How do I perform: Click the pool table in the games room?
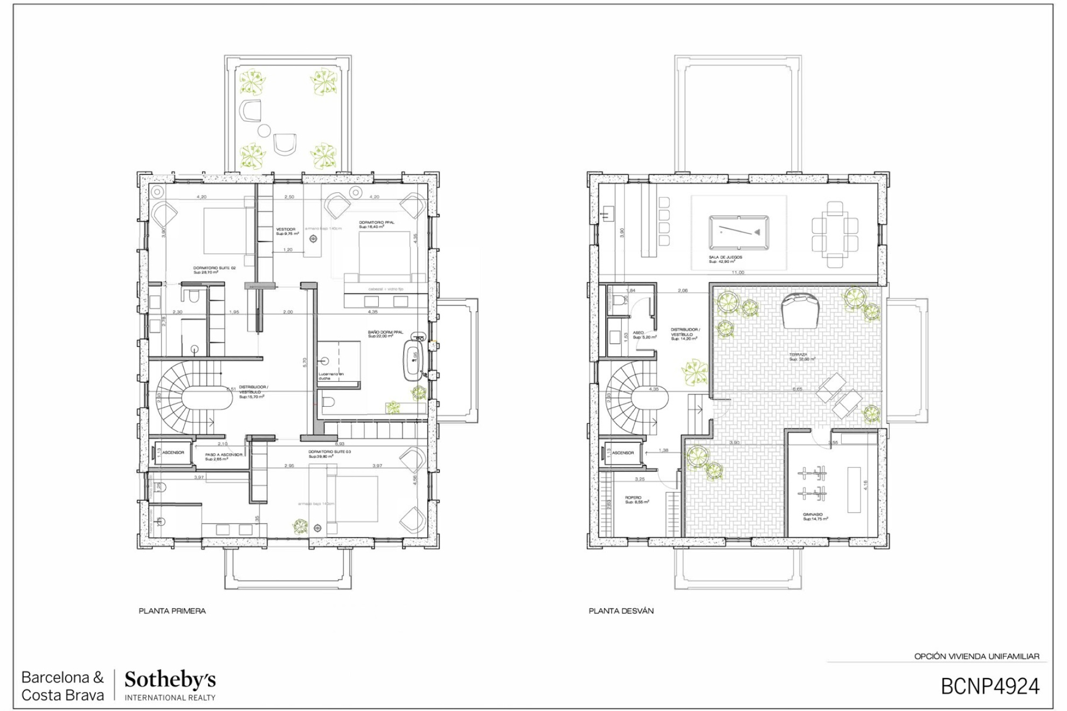pyautogui.click(x=739, y=232)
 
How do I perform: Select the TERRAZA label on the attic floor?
pyautogui.click(x=798, y=355)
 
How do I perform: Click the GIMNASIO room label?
pyautogui.click(x=813, y=514)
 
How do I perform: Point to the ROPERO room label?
pyautogui.click(x=633, y=498)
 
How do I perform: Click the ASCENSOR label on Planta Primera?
pyautogui.click(x=173, y=452)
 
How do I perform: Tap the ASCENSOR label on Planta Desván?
pyautogui.click(x=623, y=452)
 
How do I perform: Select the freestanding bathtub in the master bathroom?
pyautogui.click(x=414, y=357)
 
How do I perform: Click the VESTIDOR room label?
pyautogui.click(x=286, y=229)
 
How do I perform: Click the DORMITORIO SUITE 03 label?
pyautogui.click(x=329, y=452)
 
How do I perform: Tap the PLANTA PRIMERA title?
pyautogui.click(x=172, y=611)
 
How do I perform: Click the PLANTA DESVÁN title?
pyautogui.click(x=621, y=611)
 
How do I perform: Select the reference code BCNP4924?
pyautogui.click(x=990, y=687)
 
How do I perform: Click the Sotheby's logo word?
pyautogui.click(x=170, y=680)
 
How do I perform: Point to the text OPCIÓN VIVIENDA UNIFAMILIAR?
pyautogui.click(x=976, y=656)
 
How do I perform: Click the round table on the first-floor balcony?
pyautogui.click(x=264, y=130)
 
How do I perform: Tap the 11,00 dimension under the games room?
pyautogui.click(x=738, y=273)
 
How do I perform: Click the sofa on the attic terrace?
pyautogui.click(x=801, y=310)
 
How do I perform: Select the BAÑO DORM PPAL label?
pyautogui.click(x=385, y=332)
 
